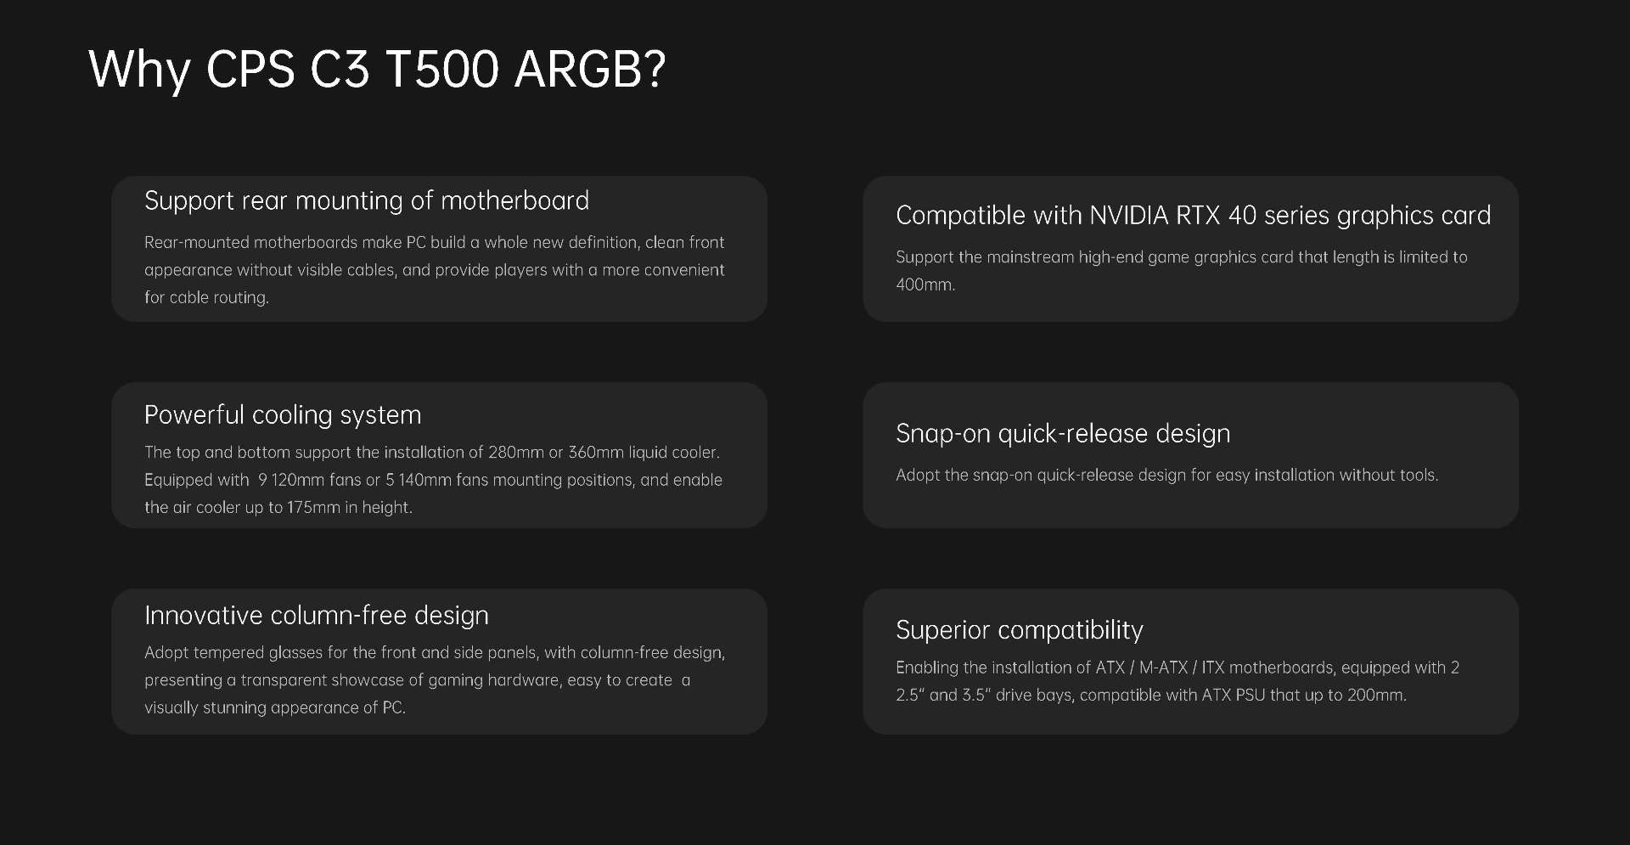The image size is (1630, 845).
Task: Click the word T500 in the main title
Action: [x=441, y=69]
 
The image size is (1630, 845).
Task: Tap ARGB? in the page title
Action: [x=590, y=69]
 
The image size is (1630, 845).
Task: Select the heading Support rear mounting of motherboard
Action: [x=367, y=201]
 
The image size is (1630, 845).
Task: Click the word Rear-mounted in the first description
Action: [x=197, y=242]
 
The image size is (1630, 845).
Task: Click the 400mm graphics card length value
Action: [x=925, y=284]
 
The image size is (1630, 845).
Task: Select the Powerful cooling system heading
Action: [x=283, y=415]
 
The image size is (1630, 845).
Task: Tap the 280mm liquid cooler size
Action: [x=515, y=452]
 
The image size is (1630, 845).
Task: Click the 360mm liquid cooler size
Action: [x=596, y=452]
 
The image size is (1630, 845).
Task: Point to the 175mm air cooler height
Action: [x=313, y=507]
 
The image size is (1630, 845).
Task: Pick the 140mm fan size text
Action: [x=424, y=480]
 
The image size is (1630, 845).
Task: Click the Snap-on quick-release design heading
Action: [x=1063, y=434]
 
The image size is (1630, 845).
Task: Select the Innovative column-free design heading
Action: [x=317, y=616]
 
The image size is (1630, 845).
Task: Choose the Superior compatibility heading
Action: [x=1020, y=630]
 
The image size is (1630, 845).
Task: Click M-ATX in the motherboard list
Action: [x=1163, y=668]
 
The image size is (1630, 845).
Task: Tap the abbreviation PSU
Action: [x=1251, y=695]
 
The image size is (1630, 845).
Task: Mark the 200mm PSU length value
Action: [x=1376, y=695]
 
